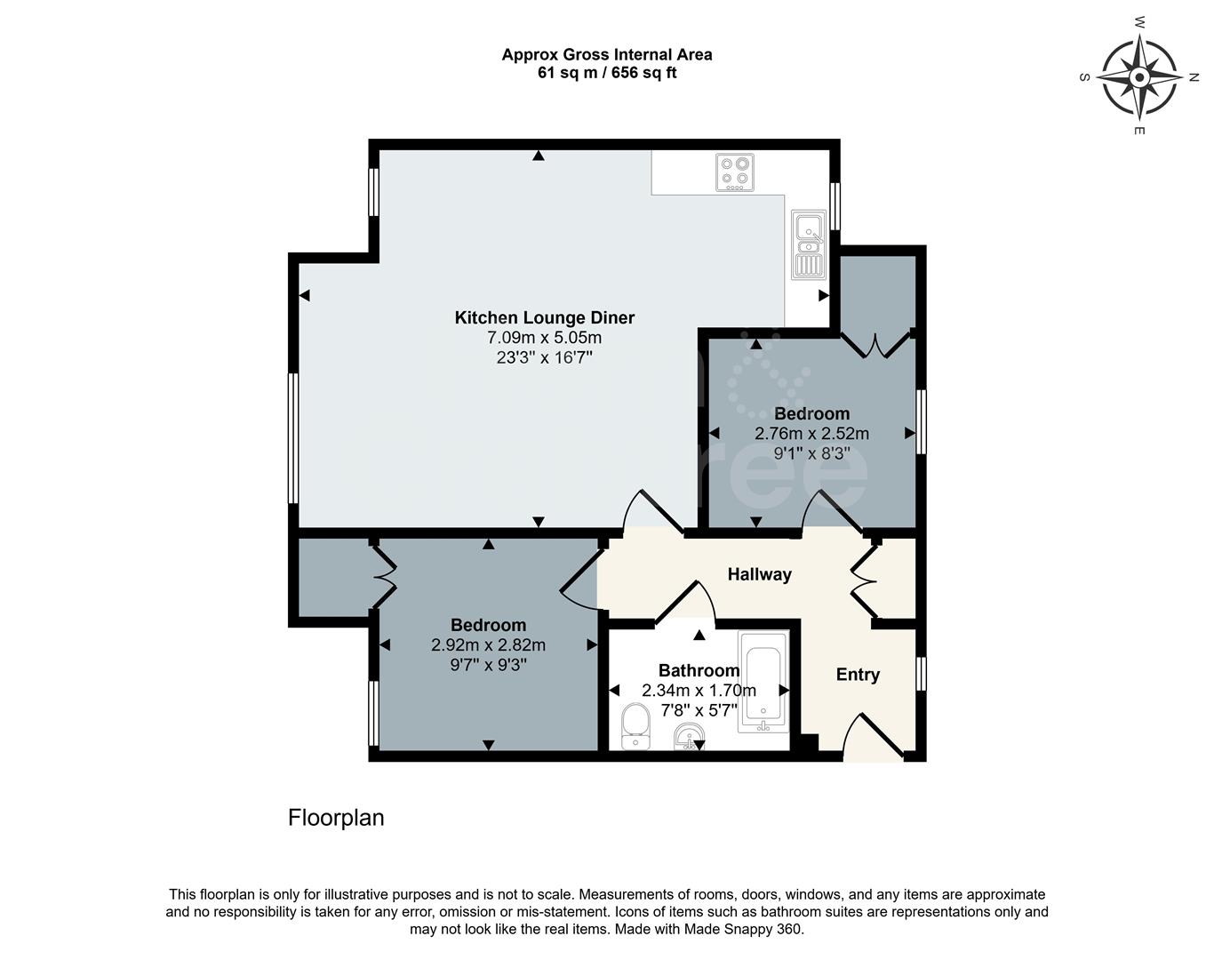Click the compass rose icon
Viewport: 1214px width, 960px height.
(x=1139, y=77)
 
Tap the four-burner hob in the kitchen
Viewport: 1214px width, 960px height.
(x=735, y=172)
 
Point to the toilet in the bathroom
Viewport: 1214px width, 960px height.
(x=635, y=725)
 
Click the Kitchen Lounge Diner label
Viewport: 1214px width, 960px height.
(x=544, y=317)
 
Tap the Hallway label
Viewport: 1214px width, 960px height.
(x=759, y=574)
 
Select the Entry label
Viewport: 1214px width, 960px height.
(x=858, y=675)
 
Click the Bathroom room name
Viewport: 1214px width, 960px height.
(x=699, y=670)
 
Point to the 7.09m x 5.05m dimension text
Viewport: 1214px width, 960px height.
(x=544, y=338)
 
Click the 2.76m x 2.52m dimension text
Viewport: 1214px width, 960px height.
(x=811, y=434)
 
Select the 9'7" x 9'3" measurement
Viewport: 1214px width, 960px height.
(x=488, y=664)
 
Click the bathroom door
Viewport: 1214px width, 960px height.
(x=685, y=603)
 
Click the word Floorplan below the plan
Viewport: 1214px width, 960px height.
(x=336, y=818)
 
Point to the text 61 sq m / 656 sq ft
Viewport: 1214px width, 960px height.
(x=606, y=73)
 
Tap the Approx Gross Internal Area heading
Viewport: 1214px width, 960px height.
(x=606, y=54)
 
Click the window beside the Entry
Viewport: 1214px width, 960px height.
(x=921, y=674)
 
